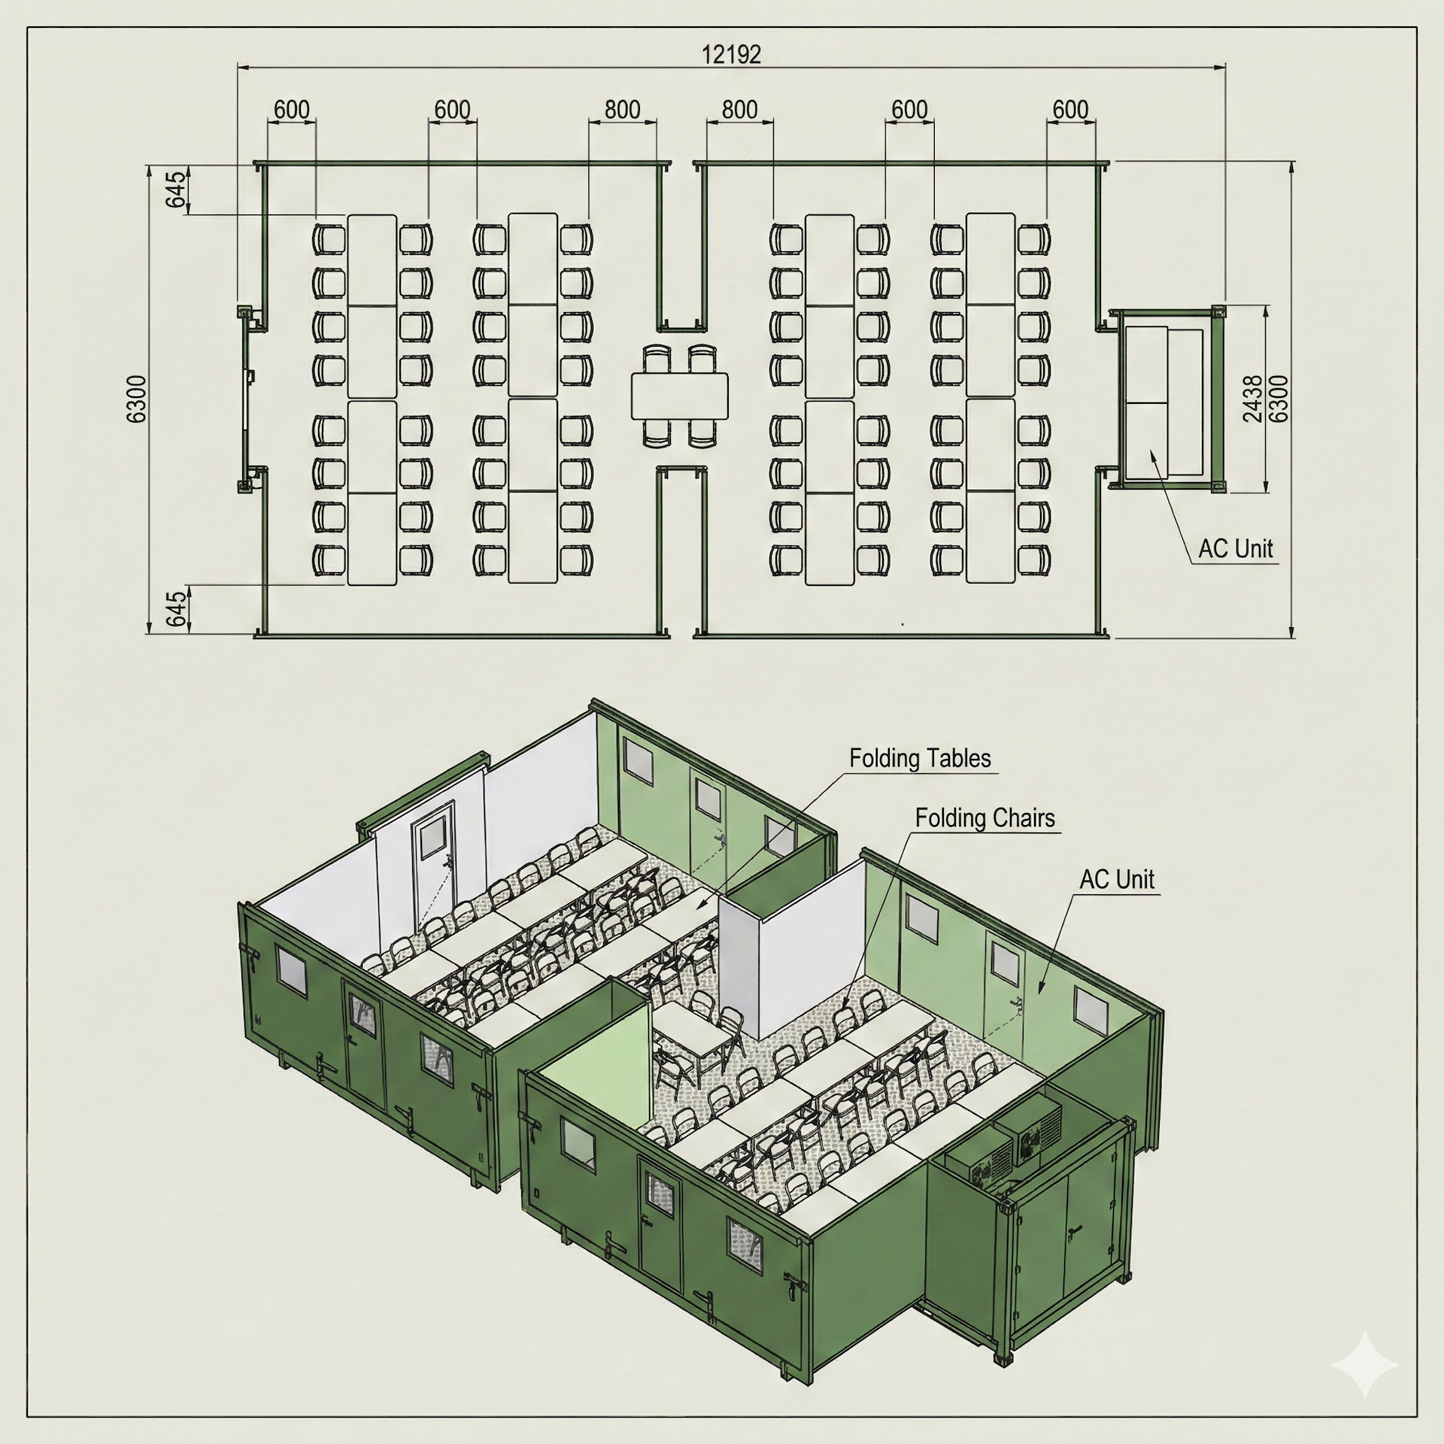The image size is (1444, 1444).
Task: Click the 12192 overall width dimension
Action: pyautogui.click(x=731, y=54)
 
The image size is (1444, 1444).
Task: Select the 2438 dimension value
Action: pyautogui.click(x=1253, y=399)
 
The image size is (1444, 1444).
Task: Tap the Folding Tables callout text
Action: pyautogui.click(x=920, y=757)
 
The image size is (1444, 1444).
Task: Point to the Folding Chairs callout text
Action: pyautogui.click(x=984, y=818)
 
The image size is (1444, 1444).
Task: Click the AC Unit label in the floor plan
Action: pyautogui.click(x=1235, y=548)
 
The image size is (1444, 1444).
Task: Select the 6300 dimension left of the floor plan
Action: pyautogui.click(x=138, y=399)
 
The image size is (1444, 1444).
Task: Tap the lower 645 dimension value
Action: pyautogui.click(x=174, y=608)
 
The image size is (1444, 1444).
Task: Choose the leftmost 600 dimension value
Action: pyautogui.click(x=291, y=110)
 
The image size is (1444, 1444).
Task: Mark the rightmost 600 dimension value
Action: pyautogui.click(x=1069, y=110)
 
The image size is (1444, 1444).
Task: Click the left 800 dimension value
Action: pyautogui.click(x=622, y=110)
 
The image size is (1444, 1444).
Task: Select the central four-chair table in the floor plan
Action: pyautogui.click(x=680, y=396)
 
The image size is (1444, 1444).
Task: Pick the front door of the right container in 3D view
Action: pyautogui.click(x=660, y=1227)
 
